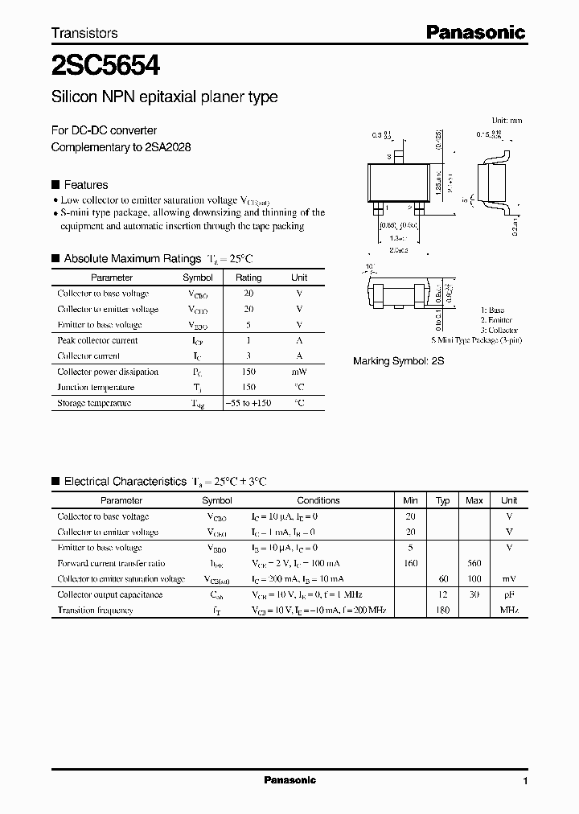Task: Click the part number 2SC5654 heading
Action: click(x=105, y=64)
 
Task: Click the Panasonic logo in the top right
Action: click(x=474, y=32)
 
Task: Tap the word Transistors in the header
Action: click(x=84, y=33)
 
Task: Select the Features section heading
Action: click(x=85, y=184)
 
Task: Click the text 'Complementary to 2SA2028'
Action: click(x=121, y=147)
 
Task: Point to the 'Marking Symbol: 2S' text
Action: click(x=399, y=362)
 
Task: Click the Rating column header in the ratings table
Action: click(x=248, y=277)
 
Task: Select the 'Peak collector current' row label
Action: click(x=97, y=340)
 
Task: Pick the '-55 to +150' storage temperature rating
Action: click(x=248, y=403)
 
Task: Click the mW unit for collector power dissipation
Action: click(x=299, y=372)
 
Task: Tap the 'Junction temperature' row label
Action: click(x=96, y=388)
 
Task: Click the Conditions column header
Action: click(x=318, y=500)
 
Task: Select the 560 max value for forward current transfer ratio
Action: click(x=474, y=563)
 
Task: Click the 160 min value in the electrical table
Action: click(x=410, y=563)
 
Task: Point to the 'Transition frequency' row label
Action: click(x=95, y=610)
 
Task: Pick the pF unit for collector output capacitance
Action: click(x=509, y=594)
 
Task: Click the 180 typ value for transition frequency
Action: click(x=441, y=610)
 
